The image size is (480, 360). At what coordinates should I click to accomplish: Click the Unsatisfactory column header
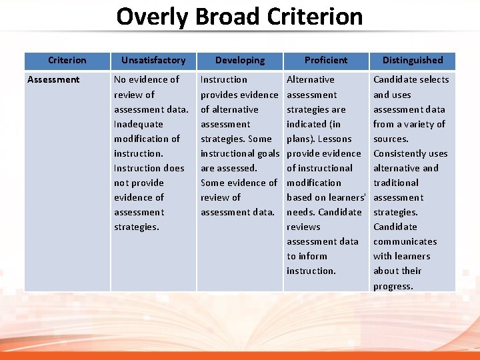pyautogui.click(x=153, y=60)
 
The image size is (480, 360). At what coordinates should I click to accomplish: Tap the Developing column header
pyautogui.click(x=240, y=60)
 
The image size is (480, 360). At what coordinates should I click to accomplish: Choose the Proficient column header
pyautogui.click(x=326, y=60)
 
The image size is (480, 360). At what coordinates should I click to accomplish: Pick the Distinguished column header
pyautogui.click(x=413, y=60)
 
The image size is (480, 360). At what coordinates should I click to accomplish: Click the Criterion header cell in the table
pyautogui.click(x=67, y=60)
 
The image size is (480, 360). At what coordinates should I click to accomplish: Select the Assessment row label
pyautogui.click(x=53, y=79)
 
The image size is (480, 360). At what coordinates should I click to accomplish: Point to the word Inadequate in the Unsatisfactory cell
pyautogui.click(x=139, y=124)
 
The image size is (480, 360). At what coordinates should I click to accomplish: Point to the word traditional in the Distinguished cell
pyautogui.click(x=396, y=183)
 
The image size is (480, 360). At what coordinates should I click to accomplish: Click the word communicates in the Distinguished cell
pyautogui.click(x=405, y=241)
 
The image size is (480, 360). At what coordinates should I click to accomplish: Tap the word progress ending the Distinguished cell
pyautogui.click(x=393, y=286)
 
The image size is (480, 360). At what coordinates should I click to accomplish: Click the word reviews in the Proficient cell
pyautogui.click(x=303, y=227)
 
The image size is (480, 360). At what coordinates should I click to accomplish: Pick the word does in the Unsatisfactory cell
pyautogui.click(x=173, y=168)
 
